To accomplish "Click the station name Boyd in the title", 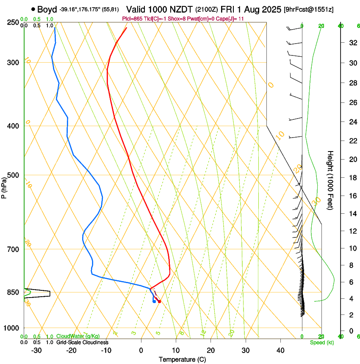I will click(x=47, y=9).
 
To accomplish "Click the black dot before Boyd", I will click(x=33, y=9).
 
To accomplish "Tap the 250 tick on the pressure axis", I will click(x=12, y=22).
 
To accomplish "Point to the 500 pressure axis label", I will click(x=12, y=175).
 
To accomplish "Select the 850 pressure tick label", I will click(x=12, y=292).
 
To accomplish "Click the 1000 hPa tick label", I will click(x=11, y=328).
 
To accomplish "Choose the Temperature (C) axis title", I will click(x=182, y=360).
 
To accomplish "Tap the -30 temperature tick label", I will click(x=36, y=350).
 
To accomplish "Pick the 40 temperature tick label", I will click(x=280, y=350).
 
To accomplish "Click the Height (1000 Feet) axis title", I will click(x=331, y=180).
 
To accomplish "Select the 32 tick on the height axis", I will click(x=352, y=43).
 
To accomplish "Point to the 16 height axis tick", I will click(x=352, y=196).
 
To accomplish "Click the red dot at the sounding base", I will click(x=159, y=301).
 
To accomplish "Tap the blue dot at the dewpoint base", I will click(x=154, y=301).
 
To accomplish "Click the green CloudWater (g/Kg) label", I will click(x=78, y=336).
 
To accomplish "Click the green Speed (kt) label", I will click(x=321, y=342).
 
